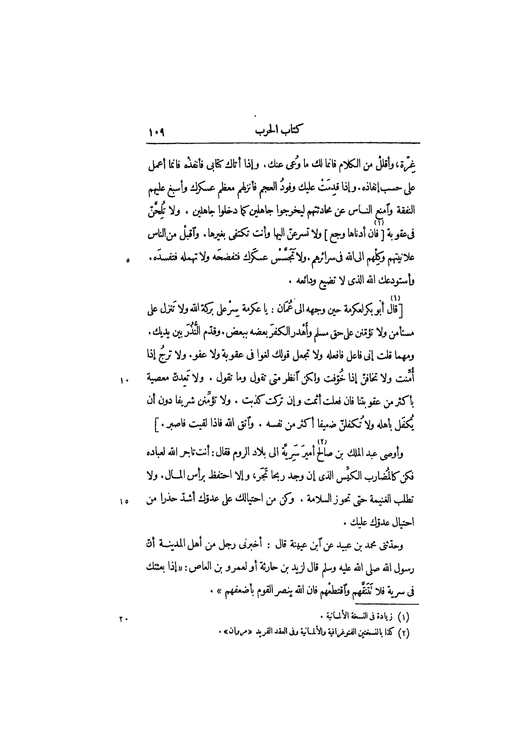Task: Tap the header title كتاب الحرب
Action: tap(280, 131)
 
